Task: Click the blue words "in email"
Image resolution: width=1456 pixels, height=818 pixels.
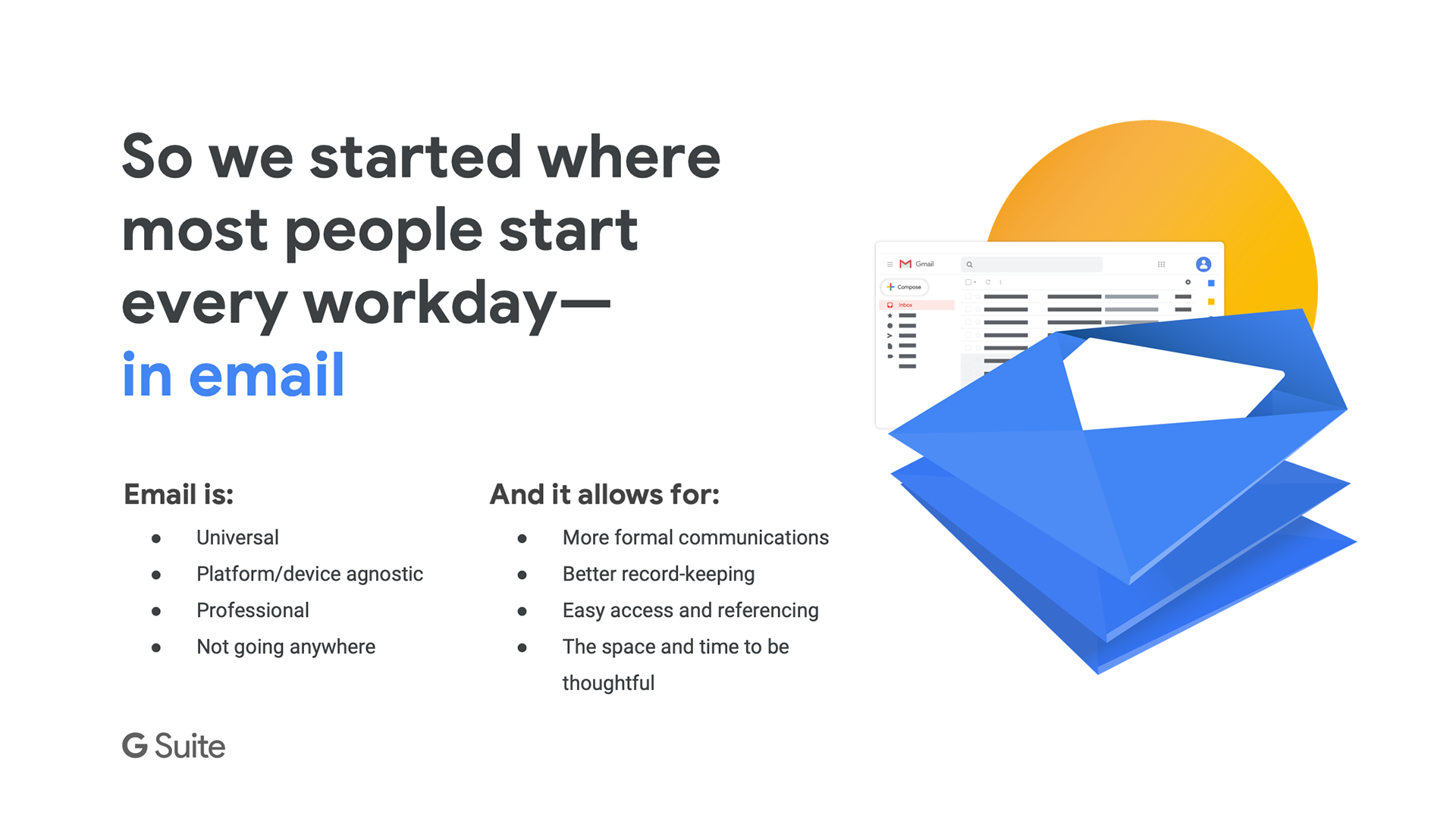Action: tap(234, 375)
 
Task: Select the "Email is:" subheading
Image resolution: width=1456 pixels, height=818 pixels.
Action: tap(179, 494)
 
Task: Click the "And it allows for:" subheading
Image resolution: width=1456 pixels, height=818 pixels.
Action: tap(604, 494)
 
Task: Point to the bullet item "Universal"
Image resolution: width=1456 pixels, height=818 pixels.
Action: tap(237, 537)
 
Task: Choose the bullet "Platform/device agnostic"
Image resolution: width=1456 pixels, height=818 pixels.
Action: tap(309, 574)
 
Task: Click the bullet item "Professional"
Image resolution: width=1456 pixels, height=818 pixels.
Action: tap(253, 610)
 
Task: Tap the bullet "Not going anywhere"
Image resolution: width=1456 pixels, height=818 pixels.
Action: tap(286, 647)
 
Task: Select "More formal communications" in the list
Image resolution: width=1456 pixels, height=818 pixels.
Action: tap(695, 537)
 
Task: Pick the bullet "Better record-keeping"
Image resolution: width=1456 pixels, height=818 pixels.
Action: tap(658, 574)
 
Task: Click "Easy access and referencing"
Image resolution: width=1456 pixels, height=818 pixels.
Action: tap(690, 610)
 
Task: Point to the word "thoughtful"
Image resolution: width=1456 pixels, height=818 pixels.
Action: tap(608, 683)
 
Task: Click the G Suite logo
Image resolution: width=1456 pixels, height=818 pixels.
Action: tap(174, 746)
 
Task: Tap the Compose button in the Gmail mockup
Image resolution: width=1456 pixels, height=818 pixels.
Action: tap(905, 287)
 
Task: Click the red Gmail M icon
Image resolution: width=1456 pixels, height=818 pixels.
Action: tap(905, 264)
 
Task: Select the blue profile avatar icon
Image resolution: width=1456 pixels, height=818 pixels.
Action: tap(1203, 264)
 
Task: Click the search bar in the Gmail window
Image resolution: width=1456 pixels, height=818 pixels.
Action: tap(1031, 265)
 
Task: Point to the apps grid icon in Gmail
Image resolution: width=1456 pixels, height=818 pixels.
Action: tap(1161, 265)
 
